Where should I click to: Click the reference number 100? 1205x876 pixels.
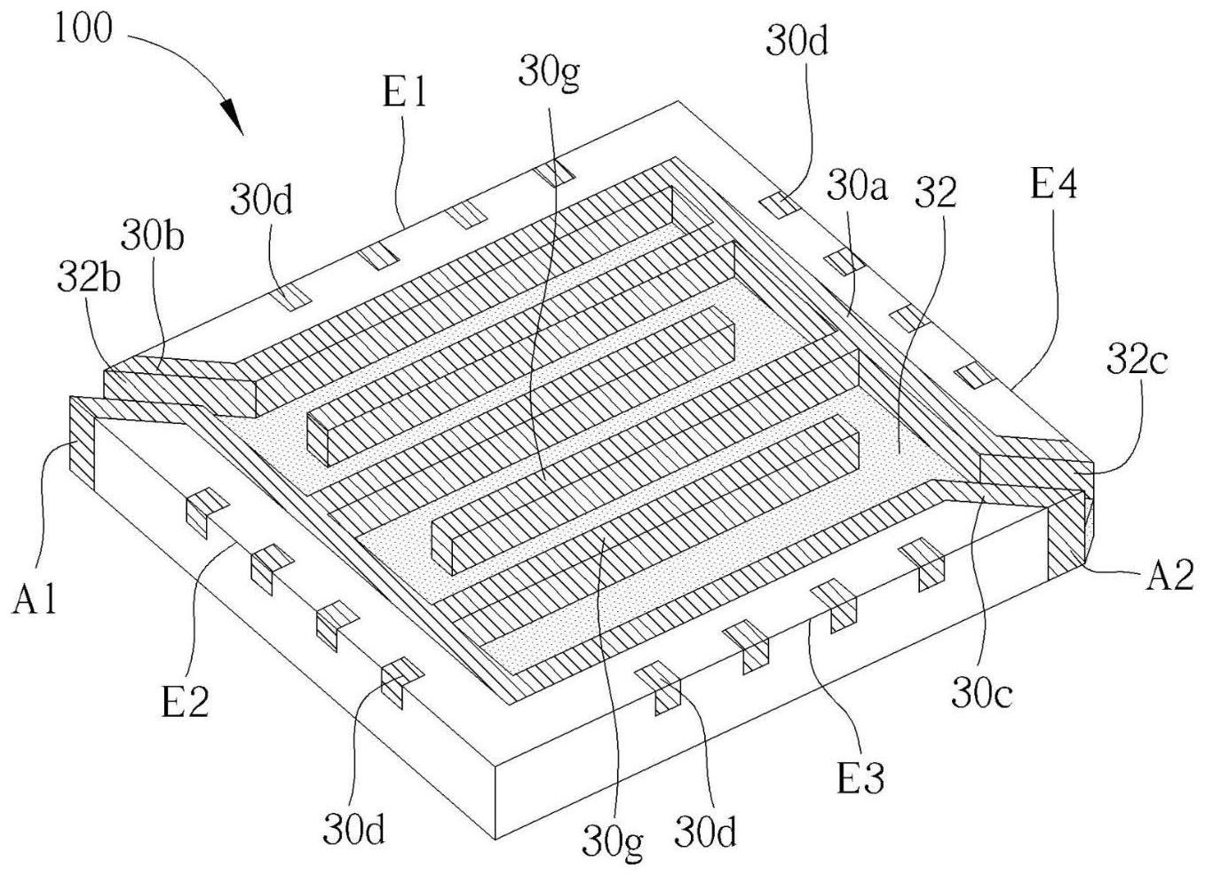83,29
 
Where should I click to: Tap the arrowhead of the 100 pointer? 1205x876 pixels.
233,117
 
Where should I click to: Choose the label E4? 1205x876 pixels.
1054,186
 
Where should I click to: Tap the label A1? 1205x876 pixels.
36,601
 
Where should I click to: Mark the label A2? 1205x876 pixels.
1169,577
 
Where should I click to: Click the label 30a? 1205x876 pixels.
858,188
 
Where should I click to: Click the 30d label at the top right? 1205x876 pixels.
797,42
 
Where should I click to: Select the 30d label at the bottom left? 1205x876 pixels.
353,832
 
